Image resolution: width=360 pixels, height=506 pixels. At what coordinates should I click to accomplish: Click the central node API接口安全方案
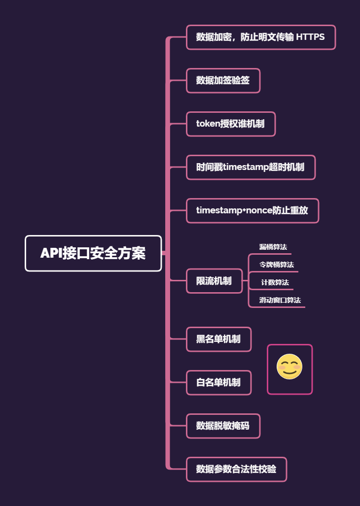[x=93, y=253]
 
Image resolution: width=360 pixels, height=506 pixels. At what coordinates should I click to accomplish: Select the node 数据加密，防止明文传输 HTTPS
[x=260, y=37]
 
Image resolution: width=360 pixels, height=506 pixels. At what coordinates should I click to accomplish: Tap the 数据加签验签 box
[x=223, y=80]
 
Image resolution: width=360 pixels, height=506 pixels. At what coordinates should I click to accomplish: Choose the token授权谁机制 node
[x=230, y=124]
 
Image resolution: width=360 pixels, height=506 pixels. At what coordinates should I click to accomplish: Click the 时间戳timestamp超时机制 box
[x=251, y=167]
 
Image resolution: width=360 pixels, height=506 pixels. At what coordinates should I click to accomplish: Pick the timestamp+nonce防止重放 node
[x=252, y=210]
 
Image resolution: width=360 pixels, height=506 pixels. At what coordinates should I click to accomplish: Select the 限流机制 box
[x=214, y=281]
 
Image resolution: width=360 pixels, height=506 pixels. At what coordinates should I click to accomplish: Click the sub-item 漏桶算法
[x=273, y=247]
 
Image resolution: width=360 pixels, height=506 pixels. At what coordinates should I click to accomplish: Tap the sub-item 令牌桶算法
[x=277, y=265]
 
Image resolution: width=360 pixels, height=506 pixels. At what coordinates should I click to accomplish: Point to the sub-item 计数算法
[x=275, y=282]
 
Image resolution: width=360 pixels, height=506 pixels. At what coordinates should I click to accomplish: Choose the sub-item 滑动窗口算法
[x=280, y=300]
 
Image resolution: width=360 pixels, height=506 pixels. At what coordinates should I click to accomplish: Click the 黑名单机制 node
[x=218, y=339]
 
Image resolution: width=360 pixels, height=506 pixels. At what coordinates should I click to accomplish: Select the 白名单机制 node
[x=218, y=382]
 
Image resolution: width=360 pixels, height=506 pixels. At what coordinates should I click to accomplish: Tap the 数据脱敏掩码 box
[x=223, y=426]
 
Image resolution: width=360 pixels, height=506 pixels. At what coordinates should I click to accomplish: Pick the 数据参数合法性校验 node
[x=236, y=469]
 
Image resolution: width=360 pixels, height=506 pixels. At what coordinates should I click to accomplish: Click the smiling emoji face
[x=289, y=367]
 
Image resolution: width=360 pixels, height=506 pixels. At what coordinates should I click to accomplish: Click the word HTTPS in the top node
[x=310, y=37]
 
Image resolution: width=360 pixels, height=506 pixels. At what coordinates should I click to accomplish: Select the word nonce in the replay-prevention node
[x=260, y=210]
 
